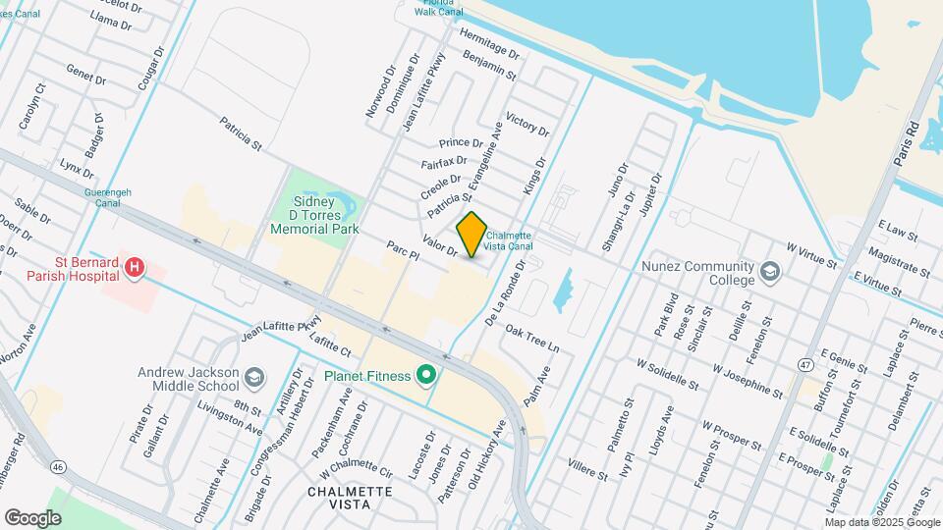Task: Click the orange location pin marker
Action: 471,235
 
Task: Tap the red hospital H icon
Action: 137,266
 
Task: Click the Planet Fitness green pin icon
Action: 426,374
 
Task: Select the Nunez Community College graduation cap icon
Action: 771,270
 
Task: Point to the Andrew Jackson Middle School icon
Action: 254,378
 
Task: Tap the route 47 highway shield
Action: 805,365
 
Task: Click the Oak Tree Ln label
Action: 531,340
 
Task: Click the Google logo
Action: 32,517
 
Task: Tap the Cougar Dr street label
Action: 148,71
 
